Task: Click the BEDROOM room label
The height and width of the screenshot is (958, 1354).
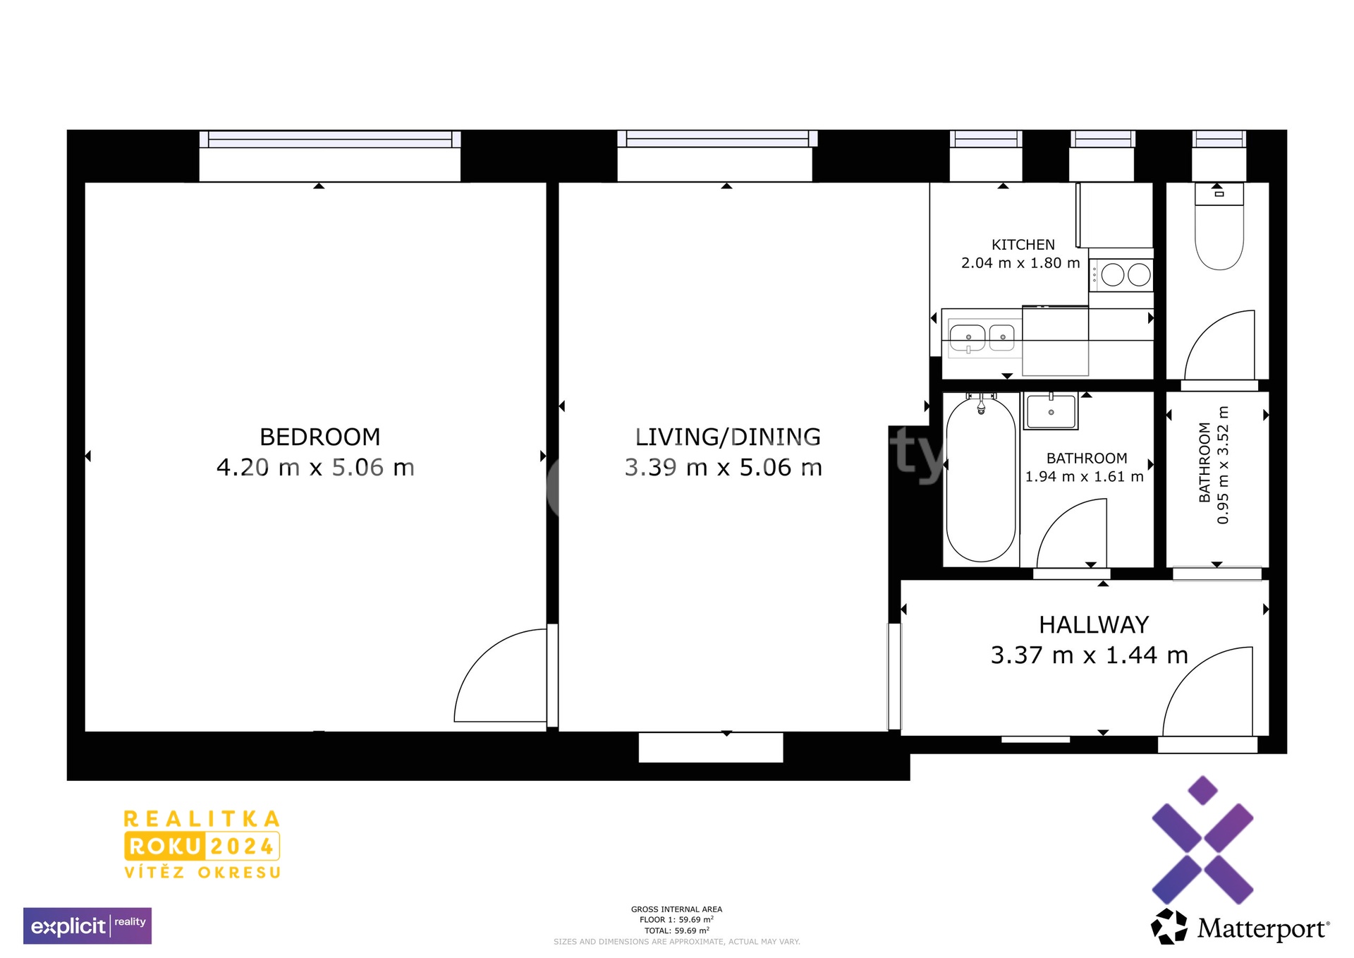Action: [x=319, y=437]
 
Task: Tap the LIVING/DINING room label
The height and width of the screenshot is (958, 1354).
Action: [x=728, y=437]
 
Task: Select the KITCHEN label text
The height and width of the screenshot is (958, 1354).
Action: [x=1023, y=245]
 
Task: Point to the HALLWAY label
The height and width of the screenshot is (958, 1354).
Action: [x=1094, y=625]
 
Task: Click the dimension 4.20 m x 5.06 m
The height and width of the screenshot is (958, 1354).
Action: [x=315, y=468]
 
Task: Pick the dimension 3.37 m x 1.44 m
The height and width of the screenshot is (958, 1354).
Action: [x=1090, y=655]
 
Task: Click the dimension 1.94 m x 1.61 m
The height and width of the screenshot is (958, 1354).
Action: [x=1085, y=477]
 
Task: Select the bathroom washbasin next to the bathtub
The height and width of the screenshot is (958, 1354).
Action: [x=1051, y=411]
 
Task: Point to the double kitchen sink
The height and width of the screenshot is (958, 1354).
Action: [x=982, y=337]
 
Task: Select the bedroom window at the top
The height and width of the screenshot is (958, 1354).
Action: [x=330, y=140]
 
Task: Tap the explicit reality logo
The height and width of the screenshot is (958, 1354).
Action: [x=87, y=926]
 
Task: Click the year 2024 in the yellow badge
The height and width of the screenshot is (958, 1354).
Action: [x=242, y=847]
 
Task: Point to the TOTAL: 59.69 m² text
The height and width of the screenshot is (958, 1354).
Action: [x=677, y=930]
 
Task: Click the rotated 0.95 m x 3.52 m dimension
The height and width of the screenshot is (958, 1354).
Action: [x=1223, y=466]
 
